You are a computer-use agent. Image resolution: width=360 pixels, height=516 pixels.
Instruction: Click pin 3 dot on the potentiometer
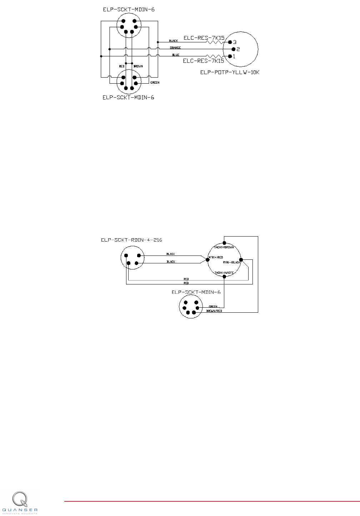230,42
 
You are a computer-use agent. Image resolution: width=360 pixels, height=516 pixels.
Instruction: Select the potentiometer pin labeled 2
233,49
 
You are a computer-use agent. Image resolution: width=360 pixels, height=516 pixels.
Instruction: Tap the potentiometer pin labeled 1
230,56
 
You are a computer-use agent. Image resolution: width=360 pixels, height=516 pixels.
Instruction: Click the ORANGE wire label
175,48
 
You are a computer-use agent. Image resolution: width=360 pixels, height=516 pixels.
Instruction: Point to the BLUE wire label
176,55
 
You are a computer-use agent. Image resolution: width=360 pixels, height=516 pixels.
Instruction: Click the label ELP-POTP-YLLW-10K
230,72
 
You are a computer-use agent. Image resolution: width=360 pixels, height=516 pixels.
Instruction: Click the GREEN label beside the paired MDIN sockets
155,83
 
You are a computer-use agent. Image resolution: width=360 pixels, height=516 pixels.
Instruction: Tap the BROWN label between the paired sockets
138,66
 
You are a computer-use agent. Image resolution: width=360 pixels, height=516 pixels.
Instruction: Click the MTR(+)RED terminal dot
208,260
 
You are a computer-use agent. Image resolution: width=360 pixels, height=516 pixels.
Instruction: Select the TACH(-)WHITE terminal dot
224,276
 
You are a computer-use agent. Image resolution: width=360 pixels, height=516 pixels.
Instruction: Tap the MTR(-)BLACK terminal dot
241,260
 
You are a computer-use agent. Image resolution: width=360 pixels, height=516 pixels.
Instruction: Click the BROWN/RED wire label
214,311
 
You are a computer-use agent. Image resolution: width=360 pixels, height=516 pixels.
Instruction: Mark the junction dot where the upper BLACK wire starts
158,42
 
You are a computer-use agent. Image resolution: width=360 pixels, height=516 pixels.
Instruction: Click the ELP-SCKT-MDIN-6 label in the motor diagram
196,292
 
